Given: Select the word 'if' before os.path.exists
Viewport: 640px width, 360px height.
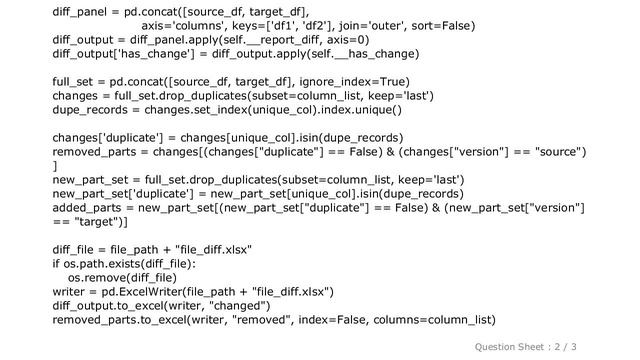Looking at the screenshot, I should click(x=56, y=264).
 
